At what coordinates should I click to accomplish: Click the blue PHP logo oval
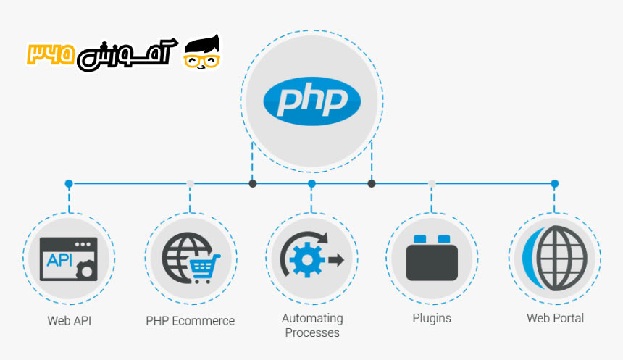pos(311,100)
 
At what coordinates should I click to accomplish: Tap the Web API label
pos(70,319)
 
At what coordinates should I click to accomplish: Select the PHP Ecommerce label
pos(191,320)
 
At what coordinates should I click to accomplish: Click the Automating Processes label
pos(312,325)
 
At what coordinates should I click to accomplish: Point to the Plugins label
pos(432,318)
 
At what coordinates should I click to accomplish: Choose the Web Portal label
pos(555,318)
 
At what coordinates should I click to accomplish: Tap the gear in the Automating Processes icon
pos(303,259)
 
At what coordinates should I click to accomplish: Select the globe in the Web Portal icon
pos(560,258)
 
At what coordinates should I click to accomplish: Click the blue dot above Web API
pos(69,184)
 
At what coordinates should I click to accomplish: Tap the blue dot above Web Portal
pos(555,184)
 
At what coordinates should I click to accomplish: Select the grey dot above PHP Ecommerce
pos(190,184)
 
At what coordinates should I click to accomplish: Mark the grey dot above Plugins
pos(432,184)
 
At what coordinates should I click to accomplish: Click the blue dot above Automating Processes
pos(311,184)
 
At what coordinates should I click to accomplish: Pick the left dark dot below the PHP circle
pos(252,184)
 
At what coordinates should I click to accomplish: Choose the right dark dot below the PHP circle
pos(372,184)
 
